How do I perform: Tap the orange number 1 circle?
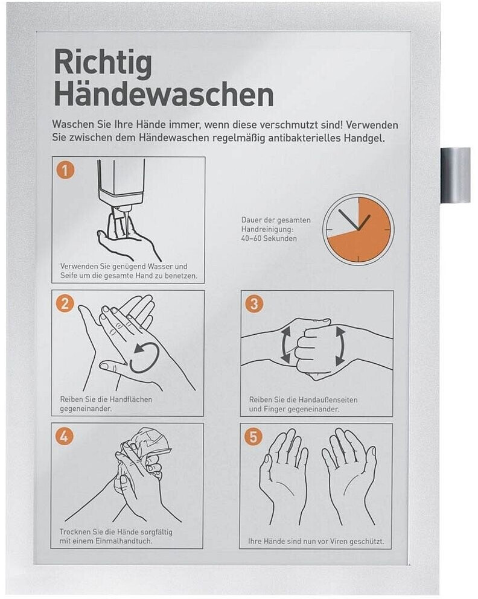65,170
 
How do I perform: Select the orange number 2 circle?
65,303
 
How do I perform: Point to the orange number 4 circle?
64,436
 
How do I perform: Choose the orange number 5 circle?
253,436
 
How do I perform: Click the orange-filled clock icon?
358,229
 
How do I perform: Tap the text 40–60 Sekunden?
269,238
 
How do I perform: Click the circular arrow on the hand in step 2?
144,358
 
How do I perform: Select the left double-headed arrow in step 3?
285,346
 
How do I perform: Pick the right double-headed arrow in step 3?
340,346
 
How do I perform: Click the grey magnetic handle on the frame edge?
456,176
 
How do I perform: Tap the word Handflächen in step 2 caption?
131,399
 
